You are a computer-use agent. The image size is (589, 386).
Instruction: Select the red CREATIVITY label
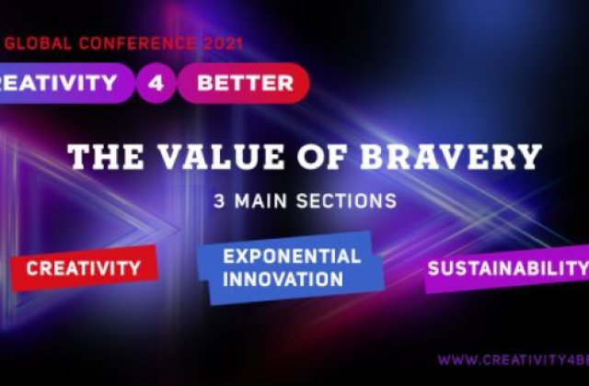tap(83, 268)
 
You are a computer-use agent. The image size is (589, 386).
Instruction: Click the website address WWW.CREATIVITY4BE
tap(512, 359)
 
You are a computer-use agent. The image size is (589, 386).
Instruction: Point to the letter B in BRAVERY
tap(376, 157)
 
